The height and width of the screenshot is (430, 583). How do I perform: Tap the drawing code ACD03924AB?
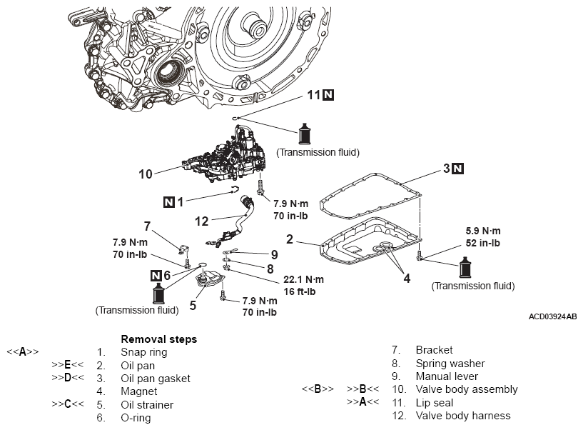click(x=553, y=316)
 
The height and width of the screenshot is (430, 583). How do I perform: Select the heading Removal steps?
click(x=159, y=339)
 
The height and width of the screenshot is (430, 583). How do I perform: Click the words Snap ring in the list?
click(x=143, y=352)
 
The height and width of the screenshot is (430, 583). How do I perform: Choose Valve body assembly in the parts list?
click(x=467, y=389)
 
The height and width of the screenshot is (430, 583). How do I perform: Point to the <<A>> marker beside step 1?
click(x=22, y=351)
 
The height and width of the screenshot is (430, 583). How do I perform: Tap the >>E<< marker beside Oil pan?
click(x=68, y=365)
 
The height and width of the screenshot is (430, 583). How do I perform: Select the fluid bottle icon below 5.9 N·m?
click(x=466, y=267)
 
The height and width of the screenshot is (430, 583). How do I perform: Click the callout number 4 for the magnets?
click(x=407, y=279)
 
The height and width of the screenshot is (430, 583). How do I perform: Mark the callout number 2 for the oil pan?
click(x=290, y=239)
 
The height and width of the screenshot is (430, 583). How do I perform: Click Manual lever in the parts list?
click(x=447, y=376)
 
